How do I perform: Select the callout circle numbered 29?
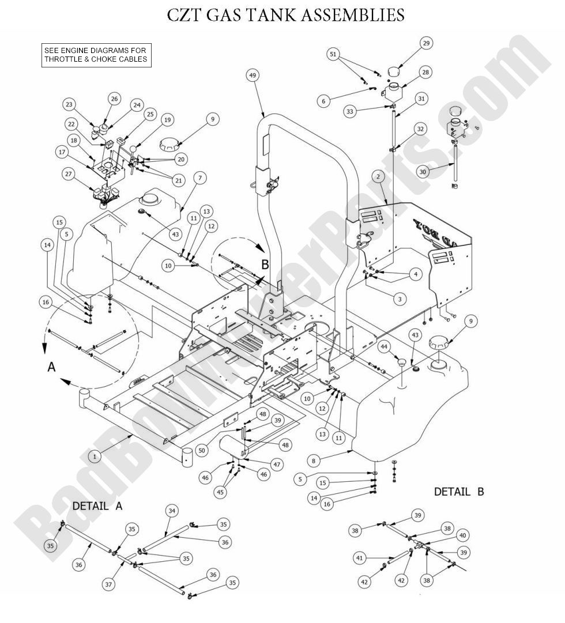click(x=425, y=43)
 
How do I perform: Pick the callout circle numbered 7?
click(x=199, y=179)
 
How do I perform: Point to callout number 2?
click(x=378, y=176)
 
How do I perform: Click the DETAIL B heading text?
click(x=459, y=492)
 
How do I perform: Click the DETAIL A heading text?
click(x=97, y=505)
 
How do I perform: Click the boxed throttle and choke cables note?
click(x=96, y=55)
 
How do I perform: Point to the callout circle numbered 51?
click(x=332, y=54)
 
